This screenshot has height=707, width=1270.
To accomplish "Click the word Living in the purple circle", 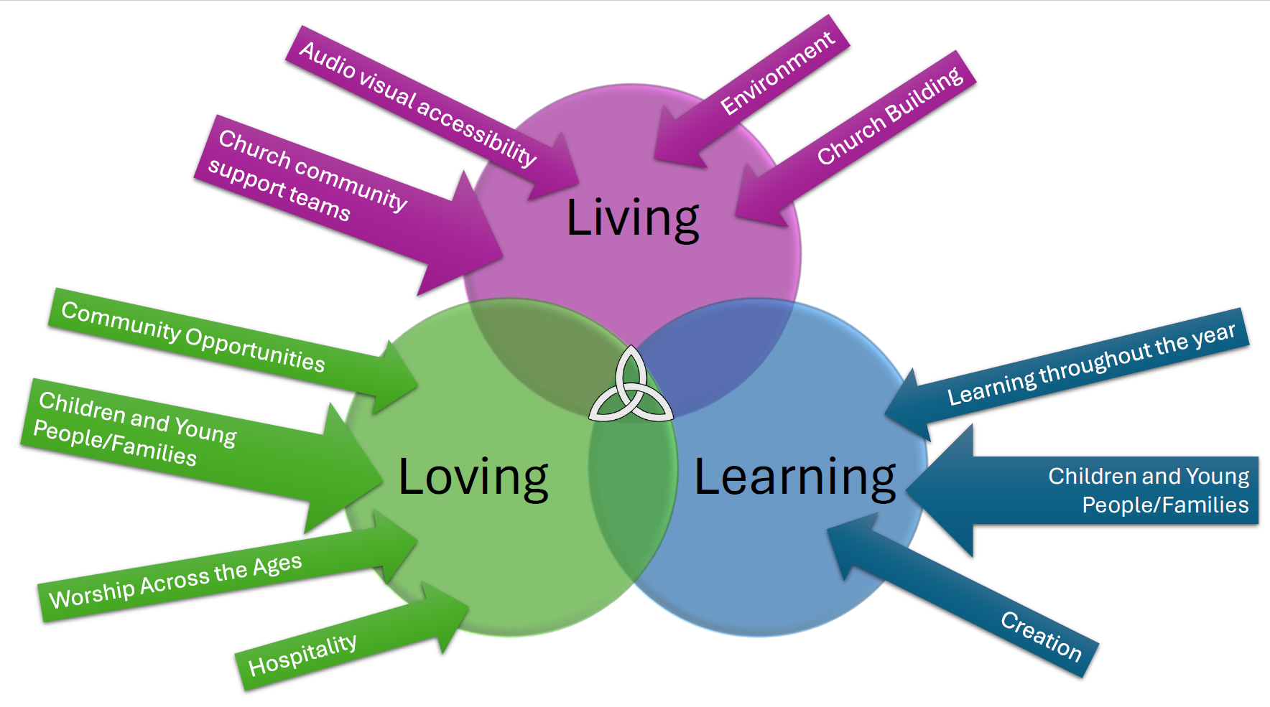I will click(x=632, y=218).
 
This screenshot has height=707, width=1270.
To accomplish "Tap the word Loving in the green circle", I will click(x=473, y=477).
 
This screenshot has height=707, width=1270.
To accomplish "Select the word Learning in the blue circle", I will click(x=794, y=477).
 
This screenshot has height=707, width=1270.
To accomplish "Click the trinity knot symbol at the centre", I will click(x=631, y=388).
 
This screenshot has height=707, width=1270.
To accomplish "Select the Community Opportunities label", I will click(x=193, y=337).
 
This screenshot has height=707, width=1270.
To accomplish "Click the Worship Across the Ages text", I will click(x=175, y=581).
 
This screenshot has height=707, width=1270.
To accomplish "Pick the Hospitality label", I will click(x=302, y=655).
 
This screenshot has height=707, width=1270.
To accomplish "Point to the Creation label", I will click(x=1041, y=635).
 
